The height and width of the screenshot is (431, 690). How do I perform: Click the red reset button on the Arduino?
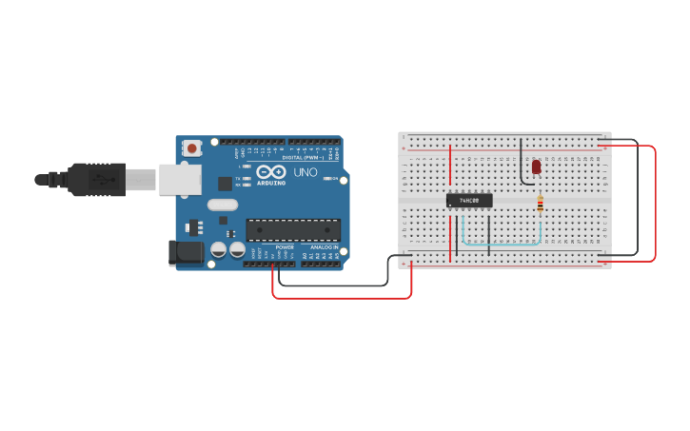193,147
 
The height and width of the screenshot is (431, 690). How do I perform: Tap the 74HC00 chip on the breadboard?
469,201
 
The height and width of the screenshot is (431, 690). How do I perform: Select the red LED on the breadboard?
536,167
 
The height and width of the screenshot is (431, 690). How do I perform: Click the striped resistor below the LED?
541,204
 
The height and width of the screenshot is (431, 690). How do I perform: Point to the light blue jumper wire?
504,245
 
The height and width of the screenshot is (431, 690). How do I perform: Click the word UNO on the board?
306,172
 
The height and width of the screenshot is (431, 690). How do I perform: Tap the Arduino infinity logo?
271,172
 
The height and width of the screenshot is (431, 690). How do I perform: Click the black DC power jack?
186,252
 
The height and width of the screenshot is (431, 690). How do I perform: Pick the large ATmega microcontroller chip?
293,230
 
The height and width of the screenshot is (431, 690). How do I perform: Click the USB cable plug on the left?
95,179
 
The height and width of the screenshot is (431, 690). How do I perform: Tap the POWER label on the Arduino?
285,246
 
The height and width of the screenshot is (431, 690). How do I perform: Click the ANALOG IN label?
321,246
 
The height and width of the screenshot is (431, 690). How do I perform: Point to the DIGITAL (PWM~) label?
306,157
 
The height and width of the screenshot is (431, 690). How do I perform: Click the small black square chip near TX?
225,184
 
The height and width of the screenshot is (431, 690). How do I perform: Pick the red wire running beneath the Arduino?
343,298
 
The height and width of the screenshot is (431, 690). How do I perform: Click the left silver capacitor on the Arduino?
218,249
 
